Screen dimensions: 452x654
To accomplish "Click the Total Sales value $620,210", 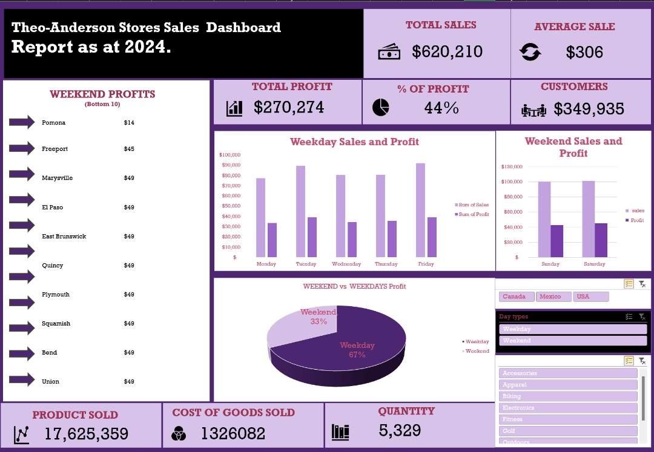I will click(x=447, y=52).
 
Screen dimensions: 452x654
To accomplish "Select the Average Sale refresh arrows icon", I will click(x=531, y=53).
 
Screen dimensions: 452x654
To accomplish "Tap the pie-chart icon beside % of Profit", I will click(x=380, y=108).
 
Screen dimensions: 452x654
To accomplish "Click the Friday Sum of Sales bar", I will click(x=420, y=210).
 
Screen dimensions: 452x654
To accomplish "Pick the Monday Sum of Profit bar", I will click(x=272, y=240).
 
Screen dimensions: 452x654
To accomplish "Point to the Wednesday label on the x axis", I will click(x=346, y=264).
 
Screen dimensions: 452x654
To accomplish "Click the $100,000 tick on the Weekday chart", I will click(x=230, y=156).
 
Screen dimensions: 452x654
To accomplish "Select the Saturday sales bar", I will click(x=589, y=219).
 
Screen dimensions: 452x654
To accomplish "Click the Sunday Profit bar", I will click(x=556, y=241).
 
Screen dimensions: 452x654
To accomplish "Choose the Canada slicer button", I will click(x=517, y=296).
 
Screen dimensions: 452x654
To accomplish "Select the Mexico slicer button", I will click(x=553, y=296).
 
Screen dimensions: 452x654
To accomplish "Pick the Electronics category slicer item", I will click(x=567, y=408).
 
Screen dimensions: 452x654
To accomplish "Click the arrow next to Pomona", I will click(x=22, y=123).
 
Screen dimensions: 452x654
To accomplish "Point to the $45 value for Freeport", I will click(x=129, y=149).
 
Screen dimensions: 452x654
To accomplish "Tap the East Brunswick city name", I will click(x=64, y=237).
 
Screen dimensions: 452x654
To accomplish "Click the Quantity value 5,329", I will click(x=400, y=431).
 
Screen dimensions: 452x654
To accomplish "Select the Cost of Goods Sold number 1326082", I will click(x=233, y=434).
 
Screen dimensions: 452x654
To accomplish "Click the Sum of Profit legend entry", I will click(x=473, y=215).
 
